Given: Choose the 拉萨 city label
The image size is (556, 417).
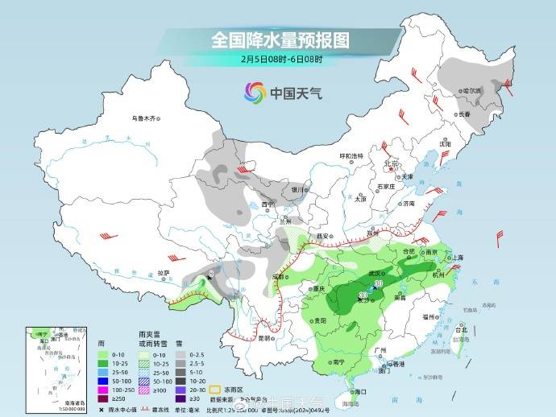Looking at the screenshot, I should [x=164, y=273].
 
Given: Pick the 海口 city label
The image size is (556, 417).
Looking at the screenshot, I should [x=360, y=391].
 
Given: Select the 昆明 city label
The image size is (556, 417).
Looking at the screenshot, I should [x=264, y=338].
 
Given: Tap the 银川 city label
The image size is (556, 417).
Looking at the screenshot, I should [x=301, y=189].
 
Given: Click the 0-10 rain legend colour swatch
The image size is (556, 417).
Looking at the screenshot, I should [x=103, y=355].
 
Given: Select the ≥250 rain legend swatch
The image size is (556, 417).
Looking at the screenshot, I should [x=103, y=399].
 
